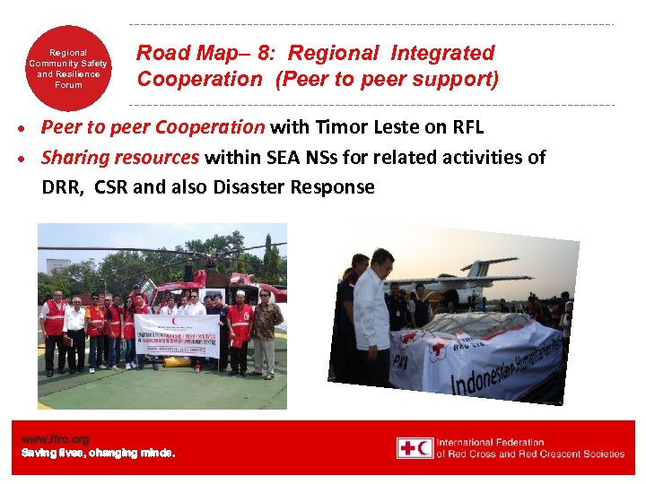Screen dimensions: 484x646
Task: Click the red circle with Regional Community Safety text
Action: tap(68, 68)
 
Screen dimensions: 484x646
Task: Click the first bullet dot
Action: tap(30, 129)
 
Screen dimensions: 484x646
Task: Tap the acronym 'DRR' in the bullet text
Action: tap(62, 187)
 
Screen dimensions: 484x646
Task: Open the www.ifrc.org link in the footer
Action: tap(56, 439)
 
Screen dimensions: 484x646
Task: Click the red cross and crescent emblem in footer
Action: tap(415, 447)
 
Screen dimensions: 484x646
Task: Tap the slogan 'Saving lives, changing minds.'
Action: tap(99, 454)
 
